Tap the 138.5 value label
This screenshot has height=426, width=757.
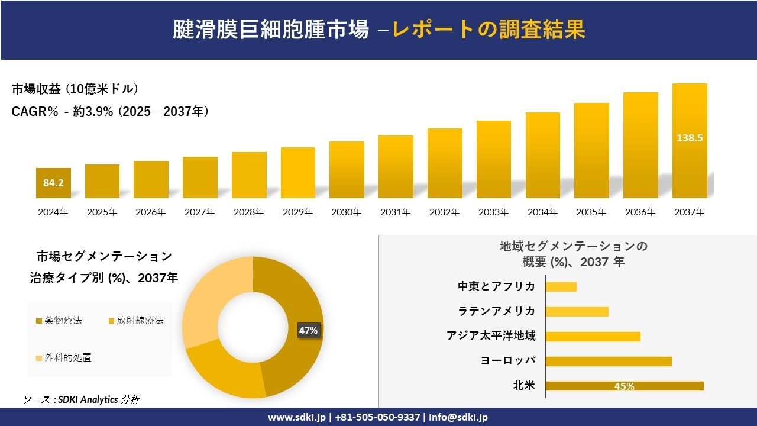690,138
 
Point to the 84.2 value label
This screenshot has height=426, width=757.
53,183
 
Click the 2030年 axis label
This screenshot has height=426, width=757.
346,212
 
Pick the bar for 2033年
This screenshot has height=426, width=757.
493,160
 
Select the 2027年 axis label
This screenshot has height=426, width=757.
199,212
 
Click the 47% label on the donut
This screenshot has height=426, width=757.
308,331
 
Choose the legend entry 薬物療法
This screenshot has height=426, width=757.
59,320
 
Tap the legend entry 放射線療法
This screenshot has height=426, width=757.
135,320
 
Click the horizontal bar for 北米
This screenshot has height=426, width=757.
624,386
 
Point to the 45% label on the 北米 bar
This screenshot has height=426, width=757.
624,386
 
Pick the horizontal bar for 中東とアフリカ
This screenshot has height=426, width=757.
561,286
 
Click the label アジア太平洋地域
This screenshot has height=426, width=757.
491,336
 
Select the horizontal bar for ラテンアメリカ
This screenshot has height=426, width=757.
577,311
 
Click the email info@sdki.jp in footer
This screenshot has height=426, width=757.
458,417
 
